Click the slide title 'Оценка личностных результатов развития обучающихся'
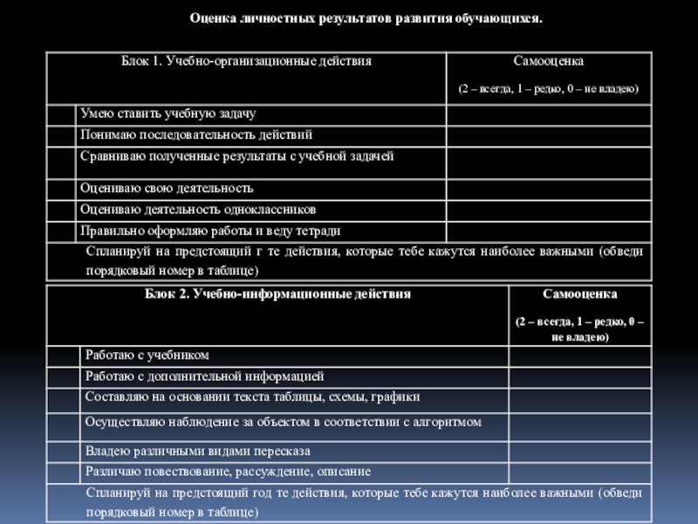(x=366, y=17)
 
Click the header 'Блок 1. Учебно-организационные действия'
(x=246, y=62)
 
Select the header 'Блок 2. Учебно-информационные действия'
(x=277, y=294)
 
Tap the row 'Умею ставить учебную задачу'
(x=168, y=114)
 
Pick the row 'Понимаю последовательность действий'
(x=196, y=135)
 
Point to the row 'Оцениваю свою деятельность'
(x=167, y=189)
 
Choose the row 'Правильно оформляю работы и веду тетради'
(x=210, y=231)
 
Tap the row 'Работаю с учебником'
(x=147, y=355)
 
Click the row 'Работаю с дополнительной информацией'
(x=205, y=376)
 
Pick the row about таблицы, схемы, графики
(x=253, y=397)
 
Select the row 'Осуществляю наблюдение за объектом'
(x=284, y=423)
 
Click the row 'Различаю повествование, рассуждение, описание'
(x=228, y=472)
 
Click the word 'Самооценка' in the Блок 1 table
(x=548, y=62)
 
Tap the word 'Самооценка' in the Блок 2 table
(x=579, y=294)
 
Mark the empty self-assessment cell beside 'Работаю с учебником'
(x=579, y=355)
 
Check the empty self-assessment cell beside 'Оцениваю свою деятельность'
(x=548, y=189)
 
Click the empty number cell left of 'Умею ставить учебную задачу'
(x=61, y=114)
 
